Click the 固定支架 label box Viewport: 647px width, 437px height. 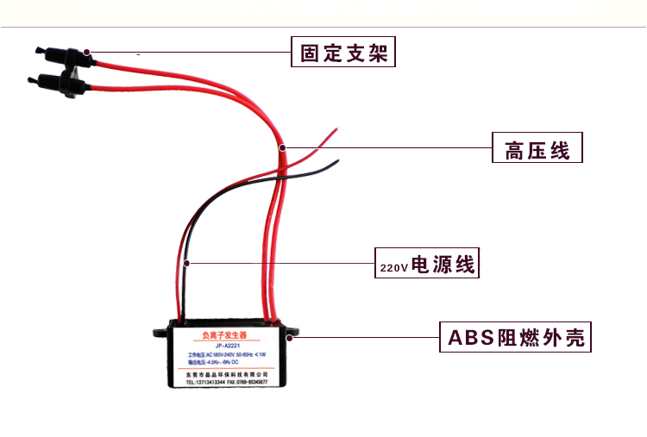pos(343,53)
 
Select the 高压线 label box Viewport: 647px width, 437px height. pos(537,149)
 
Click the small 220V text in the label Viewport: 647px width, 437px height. pos(393,268)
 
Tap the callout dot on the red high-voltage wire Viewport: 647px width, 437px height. pos(282,148)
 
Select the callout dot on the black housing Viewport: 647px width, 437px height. pos(294,337)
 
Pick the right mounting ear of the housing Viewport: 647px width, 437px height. pos(292,329)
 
